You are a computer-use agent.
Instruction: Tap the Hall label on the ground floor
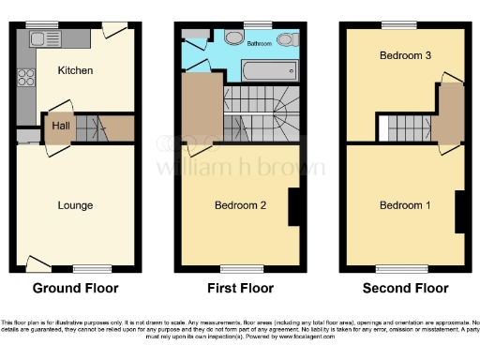(x=59, y=125)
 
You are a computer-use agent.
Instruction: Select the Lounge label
(x=74, y=205)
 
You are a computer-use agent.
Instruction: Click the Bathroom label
(x=260, y=43)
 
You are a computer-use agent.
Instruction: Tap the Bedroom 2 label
(x=242, y=205)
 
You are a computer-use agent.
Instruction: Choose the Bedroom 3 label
(x=405, y=56)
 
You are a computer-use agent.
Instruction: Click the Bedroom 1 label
(x=405, y=205)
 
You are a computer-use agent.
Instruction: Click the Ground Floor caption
(x=75, y=288)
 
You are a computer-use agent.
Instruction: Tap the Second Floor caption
(x=406, y=288)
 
